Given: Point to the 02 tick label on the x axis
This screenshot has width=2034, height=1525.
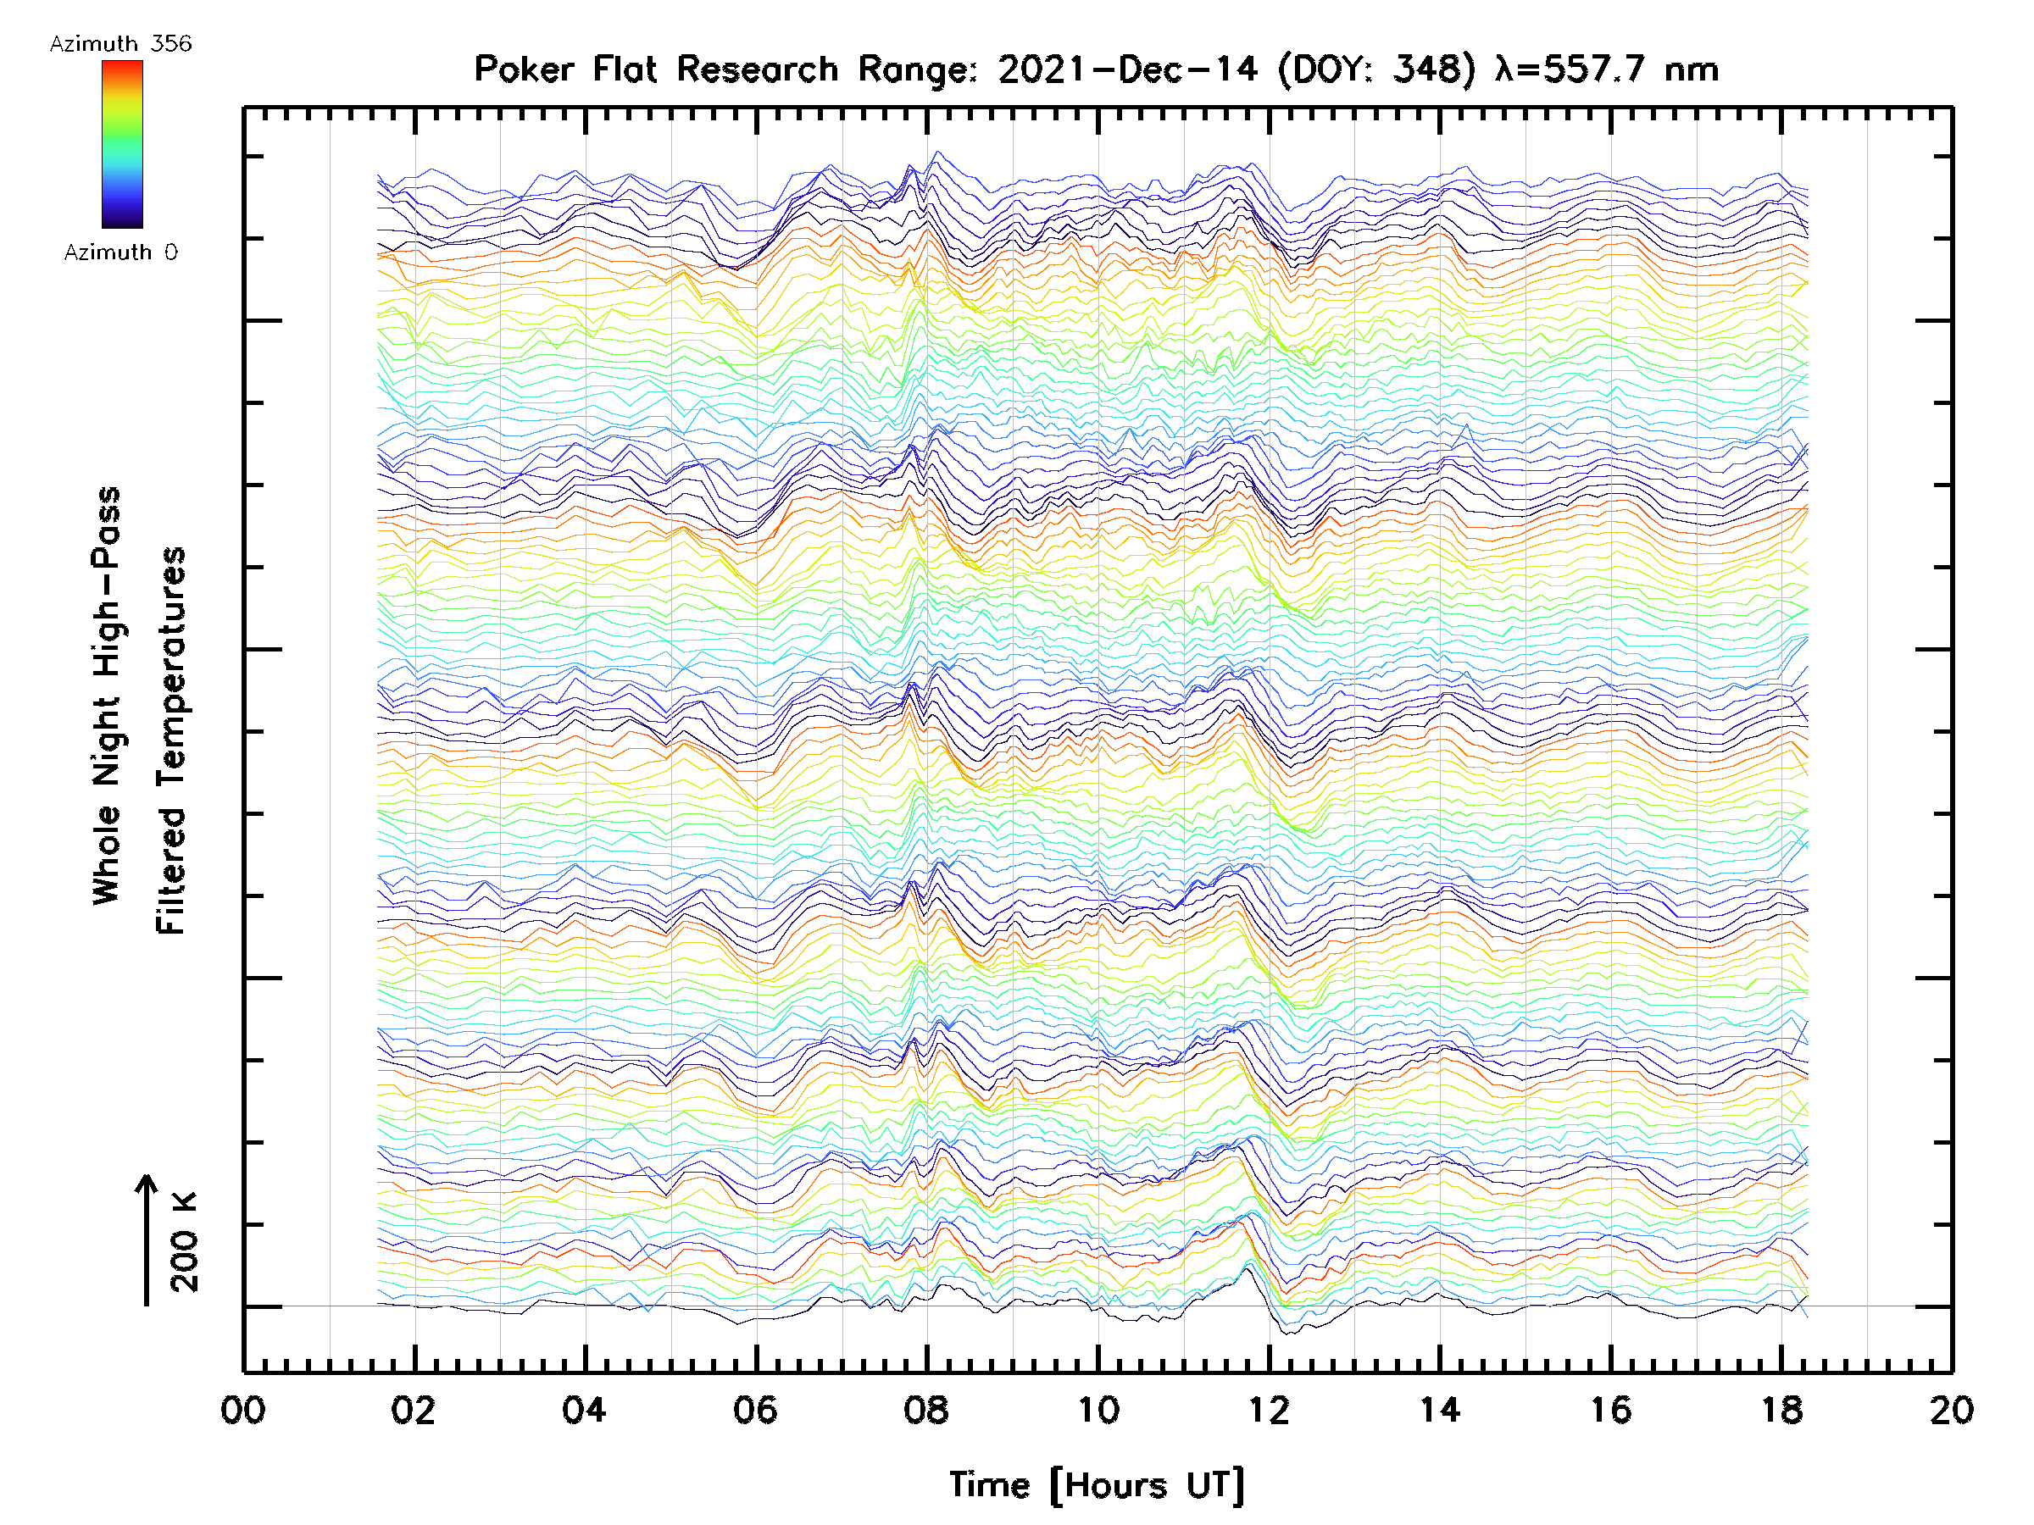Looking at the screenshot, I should click(414, 1411).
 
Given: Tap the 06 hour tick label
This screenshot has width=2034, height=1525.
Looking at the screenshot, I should click(756, 1411).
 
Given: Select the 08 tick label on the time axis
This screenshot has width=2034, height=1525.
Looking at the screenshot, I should click(926, 1411).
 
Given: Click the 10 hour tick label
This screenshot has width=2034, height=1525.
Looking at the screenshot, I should click(1098, 1411).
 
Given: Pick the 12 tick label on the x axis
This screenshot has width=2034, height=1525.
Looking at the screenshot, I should click(1269, 1411).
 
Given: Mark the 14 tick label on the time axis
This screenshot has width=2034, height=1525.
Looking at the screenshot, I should click(1440, 1411).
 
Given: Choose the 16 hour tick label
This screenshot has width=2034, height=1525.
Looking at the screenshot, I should click(1611, 1411).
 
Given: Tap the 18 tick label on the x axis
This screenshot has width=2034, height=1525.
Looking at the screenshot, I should click(1782, 1411).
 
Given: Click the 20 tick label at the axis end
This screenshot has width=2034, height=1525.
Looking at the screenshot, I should click(1951, 1411).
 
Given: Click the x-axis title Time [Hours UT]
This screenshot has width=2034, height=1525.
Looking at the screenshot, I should click(1097, 1485).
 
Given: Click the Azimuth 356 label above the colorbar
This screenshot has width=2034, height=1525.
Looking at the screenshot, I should click(120, 44).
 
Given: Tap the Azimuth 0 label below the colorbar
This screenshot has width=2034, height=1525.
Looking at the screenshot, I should click(120, 252).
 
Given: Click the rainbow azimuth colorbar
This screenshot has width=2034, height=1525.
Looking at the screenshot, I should click(122, 144).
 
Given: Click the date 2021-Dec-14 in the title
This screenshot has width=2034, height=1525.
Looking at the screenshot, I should click(1127, 69).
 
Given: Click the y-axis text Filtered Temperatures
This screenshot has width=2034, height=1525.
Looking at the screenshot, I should click(171, 740).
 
